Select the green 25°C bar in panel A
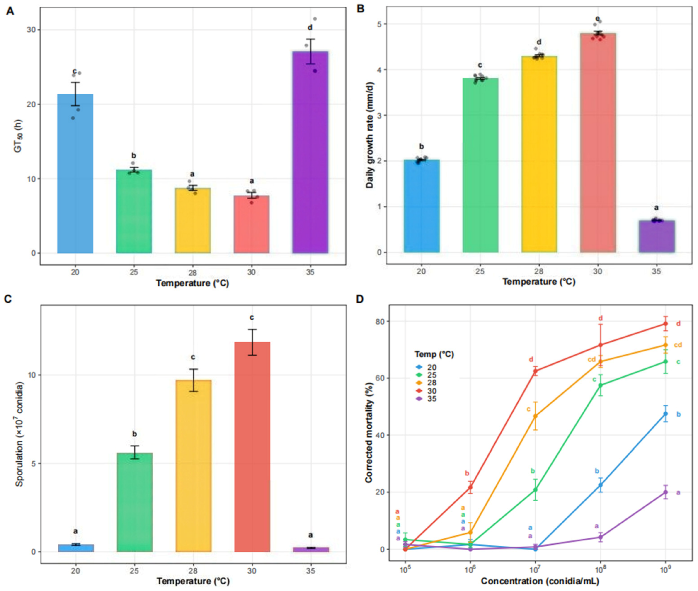(x=134, y=211)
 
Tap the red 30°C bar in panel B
(x=598, y=143)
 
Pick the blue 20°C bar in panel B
(x=422, y=206)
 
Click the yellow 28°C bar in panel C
(x=193, y=466)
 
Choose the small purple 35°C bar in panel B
(x=657, y=237)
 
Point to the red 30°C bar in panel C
(x=252, y=447)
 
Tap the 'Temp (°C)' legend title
(x=434, y=354)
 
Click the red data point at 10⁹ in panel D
(x=666, y=324)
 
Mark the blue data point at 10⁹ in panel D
(x=666, y=414)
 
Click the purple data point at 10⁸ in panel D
(x=601, y=537)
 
